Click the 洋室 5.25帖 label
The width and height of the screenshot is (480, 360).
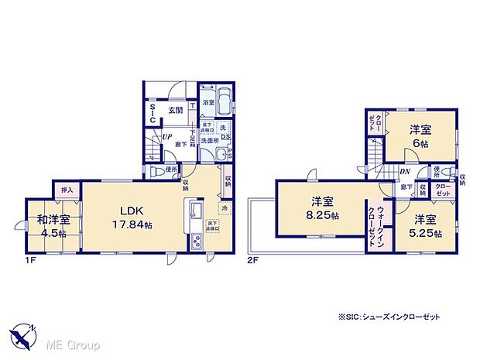(x=427, y=226)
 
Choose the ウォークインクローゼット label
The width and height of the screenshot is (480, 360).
(x=379, y=223)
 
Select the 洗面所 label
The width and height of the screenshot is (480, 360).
(x=210, y=141)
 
